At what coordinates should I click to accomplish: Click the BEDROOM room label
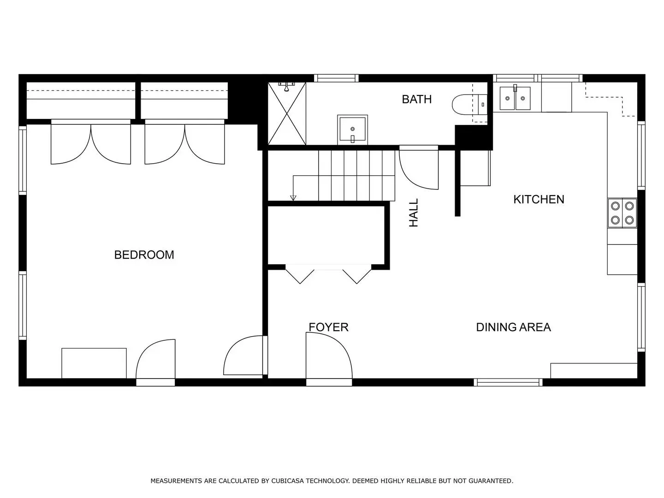[x=144, y=255]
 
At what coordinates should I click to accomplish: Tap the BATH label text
[x=416, y=99]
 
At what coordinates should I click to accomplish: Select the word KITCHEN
[x=539, y=199]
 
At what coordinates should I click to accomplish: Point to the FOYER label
[x=328, y=327]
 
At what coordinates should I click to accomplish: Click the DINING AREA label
[x=513, y=327]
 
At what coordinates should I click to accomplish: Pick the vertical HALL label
[x=413, y=213]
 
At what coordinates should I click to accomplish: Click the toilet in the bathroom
[x=469, y=105]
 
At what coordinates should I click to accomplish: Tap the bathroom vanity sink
[x=352, y=130]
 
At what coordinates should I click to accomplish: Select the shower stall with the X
[x=287, y=113]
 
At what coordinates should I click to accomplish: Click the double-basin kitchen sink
[x=515, y=98]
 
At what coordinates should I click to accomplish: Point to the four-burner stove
[x=622, y=213]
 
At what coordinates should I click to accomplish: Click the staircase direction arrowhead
[x=293, y=198]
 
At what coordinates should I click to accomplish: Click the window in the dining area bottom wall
[x=508, y=382]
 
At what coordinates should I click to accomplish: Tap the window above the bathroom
[x=336, y=78]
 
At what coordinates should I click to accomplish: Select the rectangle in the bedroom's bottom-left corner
[x=94, y=363]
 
